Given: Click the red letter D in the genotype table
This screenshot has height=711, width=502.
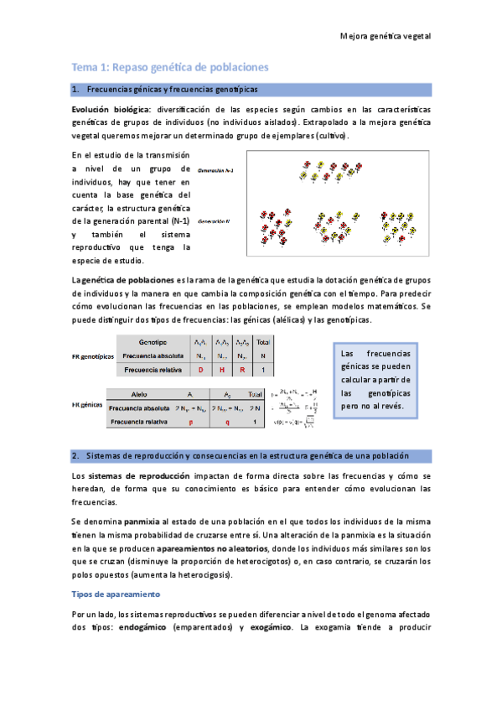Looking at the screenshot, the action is coord(200,369).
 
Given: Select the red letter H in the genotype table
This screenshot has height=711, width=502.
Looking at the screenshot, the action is coord(222,369).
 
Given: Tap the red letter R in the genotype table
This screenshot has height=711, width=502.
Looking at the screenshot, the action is coord(242,369).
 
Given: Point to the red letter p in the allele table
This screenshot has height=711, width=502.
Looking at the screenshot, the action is coord(191,423).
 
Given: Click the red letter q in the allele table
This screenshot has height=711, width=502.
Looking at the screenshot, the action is coord(230,423).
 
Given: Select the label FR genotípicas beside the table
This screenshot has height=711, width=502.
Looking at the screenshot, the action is coord(93,355).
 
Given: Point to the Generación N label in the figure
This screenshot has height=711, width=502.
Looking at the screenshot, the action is coord(215,221).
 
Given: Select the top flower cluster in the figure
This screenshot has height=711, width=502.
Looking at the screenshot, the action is coord(322,171).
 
